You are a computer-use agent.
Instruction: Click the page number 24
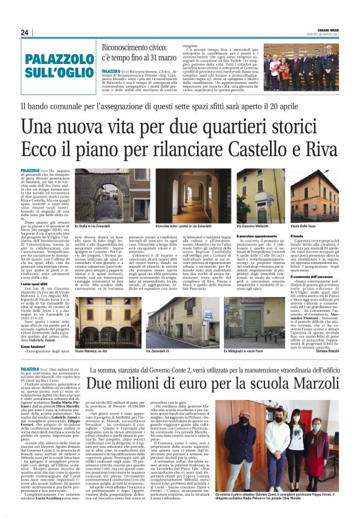click(x=25, y=32)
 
